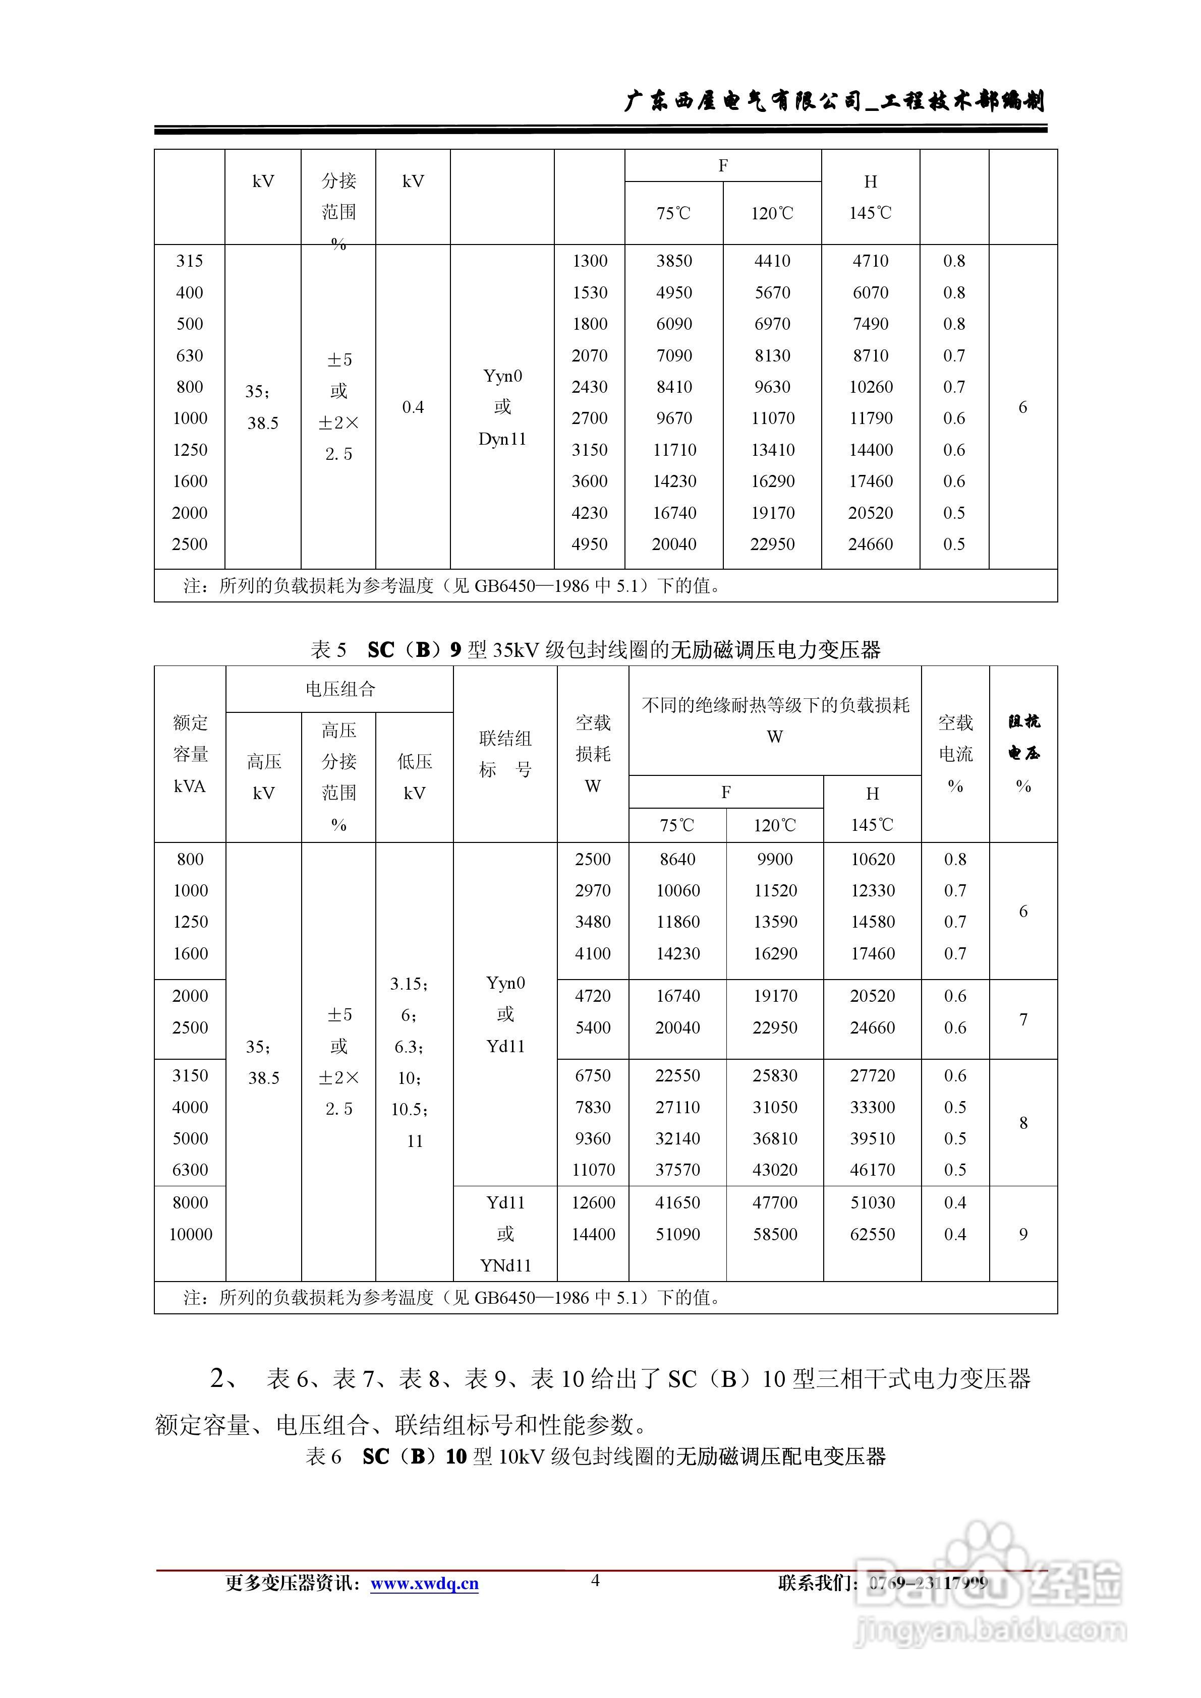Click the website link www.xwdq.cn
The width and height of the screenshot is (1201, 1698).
(424, 1584)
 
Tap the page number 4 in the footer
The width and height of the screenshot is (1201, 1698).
(595, 1581)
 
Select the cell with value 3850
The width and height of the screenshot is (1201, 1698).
(673, 261)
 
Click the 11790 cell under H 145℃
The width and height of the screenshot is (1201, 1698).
(870, 418)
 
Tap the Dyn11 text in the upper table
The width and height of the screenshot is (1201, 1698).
(502, 439)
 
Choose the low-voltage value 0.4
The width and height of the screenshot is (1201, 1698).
(413, 407)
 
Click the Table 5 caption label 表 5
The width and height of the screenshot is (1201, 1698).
(328, 650)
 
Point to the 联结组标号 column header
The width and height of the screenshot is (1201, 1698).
(505, 754)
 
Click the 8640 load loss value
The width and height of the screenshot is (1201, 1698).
(677, 860)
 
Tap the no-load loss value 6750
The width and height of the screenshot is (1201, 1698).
(593, 1076)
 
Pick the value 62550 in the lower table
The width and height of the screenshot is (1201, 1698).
(873, 1234)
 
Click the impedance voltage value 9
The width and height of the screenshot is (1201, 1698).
(1023, 1234)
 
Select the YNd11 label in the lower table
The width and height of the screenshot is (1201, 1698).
(505, 1266)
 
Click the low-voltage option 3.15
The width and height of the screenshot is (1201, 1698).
(409, 984)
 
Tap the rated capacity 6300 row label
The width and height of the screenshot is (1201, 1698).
(190, 1170)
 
